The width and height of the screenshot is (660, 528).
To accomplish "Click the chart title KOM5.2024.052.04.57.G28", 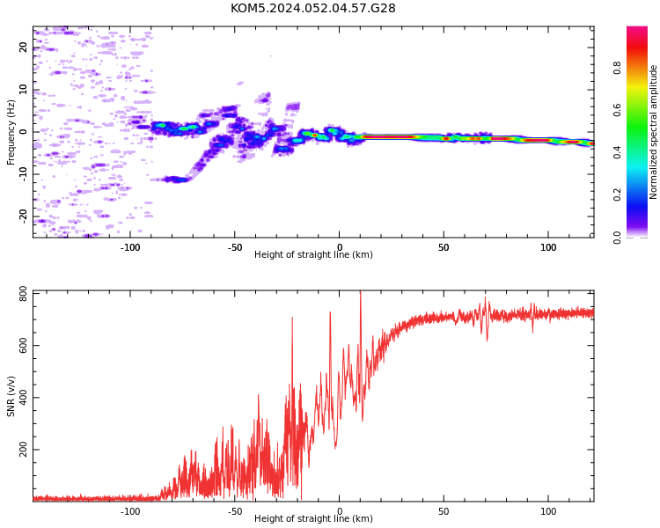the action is (312, 8).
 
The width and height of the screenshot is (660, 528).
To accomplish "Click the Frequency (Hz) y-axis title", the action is (11, 132).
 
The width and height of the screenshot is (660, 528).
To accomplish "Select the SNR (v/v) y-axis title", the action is (11, 396).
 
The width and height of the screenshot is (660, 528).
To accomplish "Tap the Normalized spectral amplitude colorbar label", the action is (653, 132).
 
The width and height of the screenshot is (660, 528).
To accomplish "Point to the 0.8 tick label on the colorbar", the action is (617, 68).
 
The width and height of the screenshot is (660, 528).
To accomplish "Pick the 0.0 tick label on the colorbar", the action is (617, 238).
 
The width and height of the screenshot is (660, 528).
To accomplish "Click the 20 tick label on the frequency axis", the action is (23, 47).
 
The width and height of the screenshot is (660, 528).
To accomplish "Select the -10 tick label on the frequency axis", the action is (23, 174).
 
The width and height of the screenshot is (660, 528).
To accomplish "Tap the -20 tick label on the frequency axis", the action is (23, 216).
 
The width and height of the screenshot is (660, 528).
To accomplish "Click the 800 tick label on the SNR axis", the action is (23, 294).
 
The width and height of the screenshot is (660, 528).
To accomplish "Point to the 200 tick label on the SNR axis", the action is (23, 450).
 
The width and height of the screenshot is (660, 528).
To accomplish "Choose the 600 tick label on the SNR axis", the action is (23, 346).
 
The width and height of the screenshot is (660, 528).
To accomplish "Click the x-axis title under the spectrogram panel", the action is (313, 254).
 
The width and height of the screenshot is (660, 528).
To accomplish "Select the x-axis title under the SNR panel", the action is (313, 518).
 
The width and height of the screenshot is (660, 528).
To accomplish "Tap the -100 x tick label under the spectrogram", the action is (130, 247).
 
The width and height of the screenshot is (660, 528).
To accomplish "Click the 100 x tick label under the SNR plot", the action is (548, 511).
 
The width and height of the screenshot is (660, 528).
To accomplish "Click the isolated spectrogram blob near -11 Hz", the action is (174, 180).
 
